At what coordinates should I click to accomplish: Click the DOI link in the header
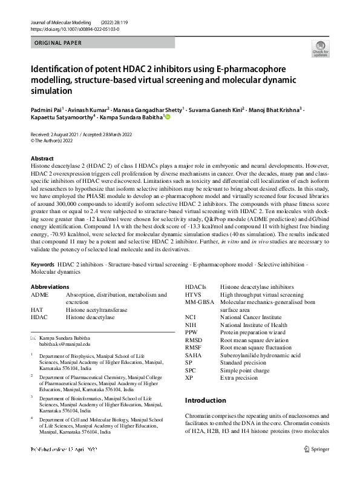[74, 28]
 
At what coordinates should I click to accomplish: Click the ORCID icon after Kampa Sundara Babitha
[168, 117]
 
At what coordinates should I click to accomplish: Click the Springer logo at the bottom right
[316, 466]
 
